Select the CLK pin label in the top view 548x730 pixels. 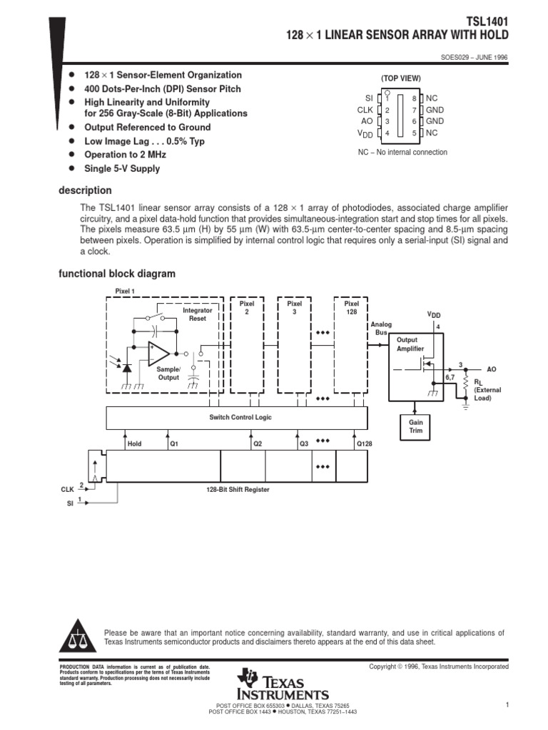365,110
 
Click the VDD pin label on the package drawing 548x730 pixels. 365,133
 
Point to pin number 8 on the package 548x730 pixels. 413,98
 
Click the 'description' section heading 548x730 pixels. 84,190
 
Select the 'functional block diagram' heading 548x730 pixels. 116,274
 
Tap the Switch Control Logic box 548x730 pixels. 240,417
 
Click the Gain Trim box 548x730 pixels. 416,427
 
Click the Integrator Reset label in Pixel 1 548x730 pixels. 197,314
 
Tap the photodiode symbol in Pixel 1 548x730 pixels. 127,368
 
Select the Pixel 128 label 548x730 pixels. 351,307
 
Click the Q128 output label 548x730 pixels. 364,443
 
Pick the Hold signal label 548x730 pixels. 134,443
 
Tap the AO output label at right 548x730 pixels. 491,369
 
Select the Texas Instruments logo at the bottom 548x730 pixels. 285,686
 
